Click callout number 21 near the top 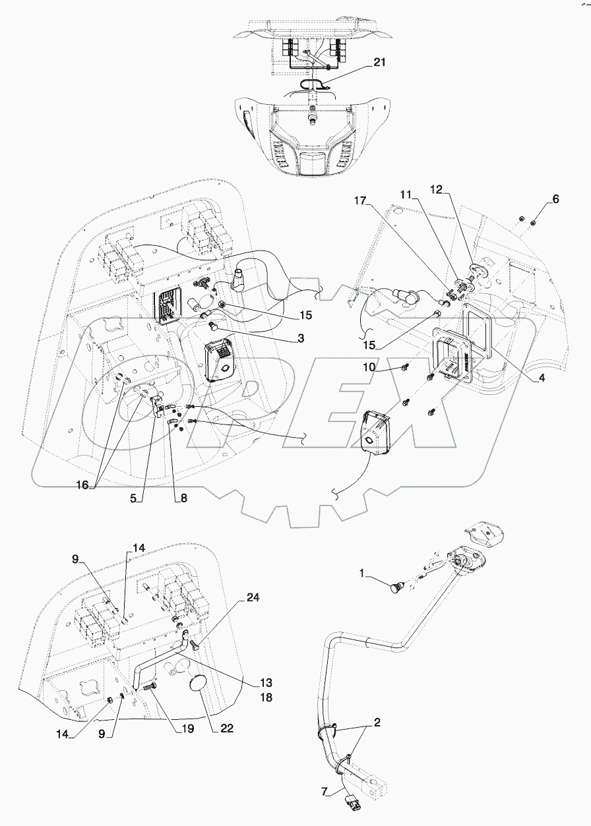(x=378, y=62)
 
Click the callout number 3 (x=300, y=338)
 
